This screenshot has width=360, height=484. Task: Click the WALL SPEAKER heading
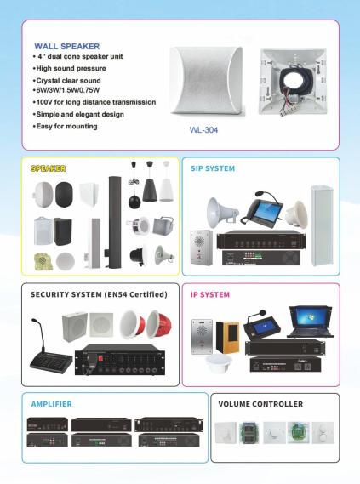[66, 46]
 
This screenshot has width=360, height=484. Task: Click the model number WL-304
[203, 130]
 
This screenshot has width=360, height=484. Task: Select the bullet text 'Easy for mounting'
[66, 126]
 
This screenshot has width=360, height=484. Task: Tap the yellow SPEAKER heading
[49, 168]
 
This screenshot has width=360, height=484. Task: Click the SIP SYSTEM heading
[213, 168]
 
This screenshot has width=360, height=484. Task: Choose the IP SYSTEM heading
[210, 295]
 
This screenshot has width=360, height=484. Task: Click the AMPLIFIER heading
[52, 404]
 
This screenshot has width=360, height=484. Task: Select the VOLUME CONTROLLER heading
[260, 404]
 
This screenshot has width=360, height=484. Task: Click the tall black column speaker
[114, 222]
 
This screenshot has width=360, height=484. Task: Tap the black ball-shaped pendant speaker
[134, 202]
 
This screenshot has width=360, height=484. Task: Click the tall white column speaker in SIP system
[322, 225]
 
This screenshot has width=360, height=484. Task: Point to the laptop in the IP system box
[311, 322]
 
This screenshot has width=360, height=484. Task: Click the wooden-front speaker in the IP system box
[227, 337]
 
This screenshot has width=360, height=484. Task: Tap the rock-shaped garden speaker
[43, 262]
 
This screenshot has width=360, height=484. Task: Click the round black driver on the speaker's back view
[294, 82]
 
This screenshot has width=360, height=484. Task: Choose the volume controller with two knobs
[323, 432]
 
